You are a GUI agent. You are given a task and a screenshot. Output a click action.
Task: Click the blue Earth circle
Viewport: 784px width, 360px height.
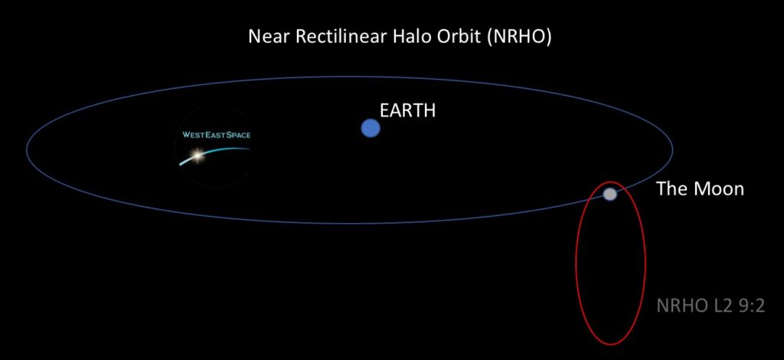(x=371, y=129)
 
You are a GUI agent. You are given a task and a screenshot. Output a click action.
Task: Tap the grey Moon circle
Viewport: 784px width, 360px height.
(x=609, y=195)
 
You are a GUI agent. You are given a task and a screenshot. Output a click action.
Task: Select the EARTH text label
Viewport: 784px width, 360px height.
(x=407, y=110)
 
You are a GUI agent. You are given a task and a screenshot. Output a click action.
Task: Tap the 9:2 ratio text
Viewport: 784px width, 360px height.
(x=751, y=306)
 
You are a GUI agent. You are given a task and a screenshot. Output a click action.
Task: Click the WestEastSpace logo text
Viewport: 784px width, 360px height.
(x=217, y=135)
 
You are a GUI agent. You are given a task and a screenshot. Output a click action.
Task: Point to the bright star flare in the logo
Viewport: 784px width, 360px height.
(x=198, y=156)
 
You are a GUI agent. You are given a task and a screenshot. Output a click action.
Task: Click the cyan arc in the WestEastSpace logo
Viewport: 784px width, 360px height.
(x=214, y=155)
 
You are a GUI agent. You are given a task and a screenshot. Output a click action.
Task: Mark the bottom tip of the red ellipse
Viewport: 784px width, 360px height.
(x=610, y=344)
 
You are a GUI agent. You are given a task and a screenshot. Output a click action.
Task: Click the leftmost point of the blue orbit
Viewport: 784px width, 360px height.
(x=27, y=149)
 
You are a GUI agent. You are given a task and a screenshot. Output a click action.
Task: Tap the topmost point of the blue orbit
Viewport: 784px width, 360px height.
(x=350, y=77)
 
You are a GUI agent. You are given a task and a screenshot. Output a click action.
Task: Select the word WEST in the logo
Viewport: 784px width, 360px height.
(x=193, y=135)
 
